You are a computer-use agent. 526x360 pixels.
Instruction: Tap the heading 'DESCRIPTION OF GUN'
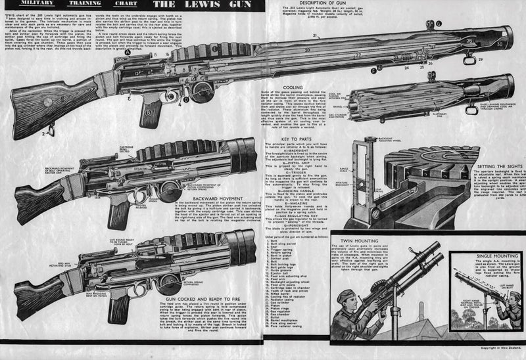pyautogui.click(x=323, y=3)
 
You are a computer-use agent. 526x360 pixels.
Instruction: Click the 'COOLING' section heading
pyautogui.click(x=293, y=86)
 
